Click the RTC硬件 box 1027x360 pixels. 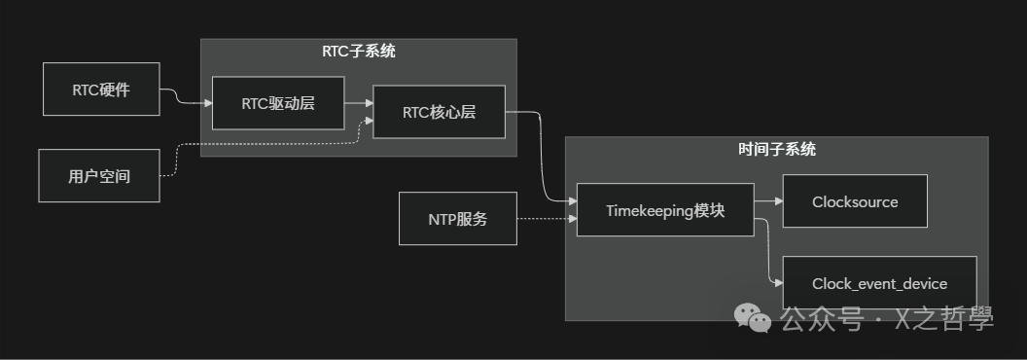coord(101,90)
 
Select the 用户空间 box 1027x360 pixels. coord(99,176)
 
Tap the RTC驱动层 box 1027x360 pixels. coord(277,103)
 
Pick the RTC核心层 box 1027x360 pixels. coord(439,112)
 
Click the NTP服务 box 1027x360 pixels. coord(458,219)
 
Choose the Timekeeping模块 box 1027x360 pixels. coord(665,210)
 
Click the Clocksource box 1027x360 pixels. coord(855,202)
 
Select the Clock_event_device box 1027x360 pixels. coord(879,284)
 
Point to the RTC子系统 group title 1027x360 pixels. coord(359,52)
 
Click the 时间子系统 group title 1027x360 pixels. coord(777,150)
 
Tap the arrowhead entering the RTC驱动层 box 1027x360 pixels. coord(207,103)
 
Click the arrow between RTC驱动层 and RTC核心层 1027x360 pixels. coord(358,103)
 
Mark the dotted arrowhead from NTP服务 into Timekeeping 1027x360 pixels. coord(571,219)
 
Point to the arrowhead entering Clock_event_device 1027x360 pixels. coord(777,283)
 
